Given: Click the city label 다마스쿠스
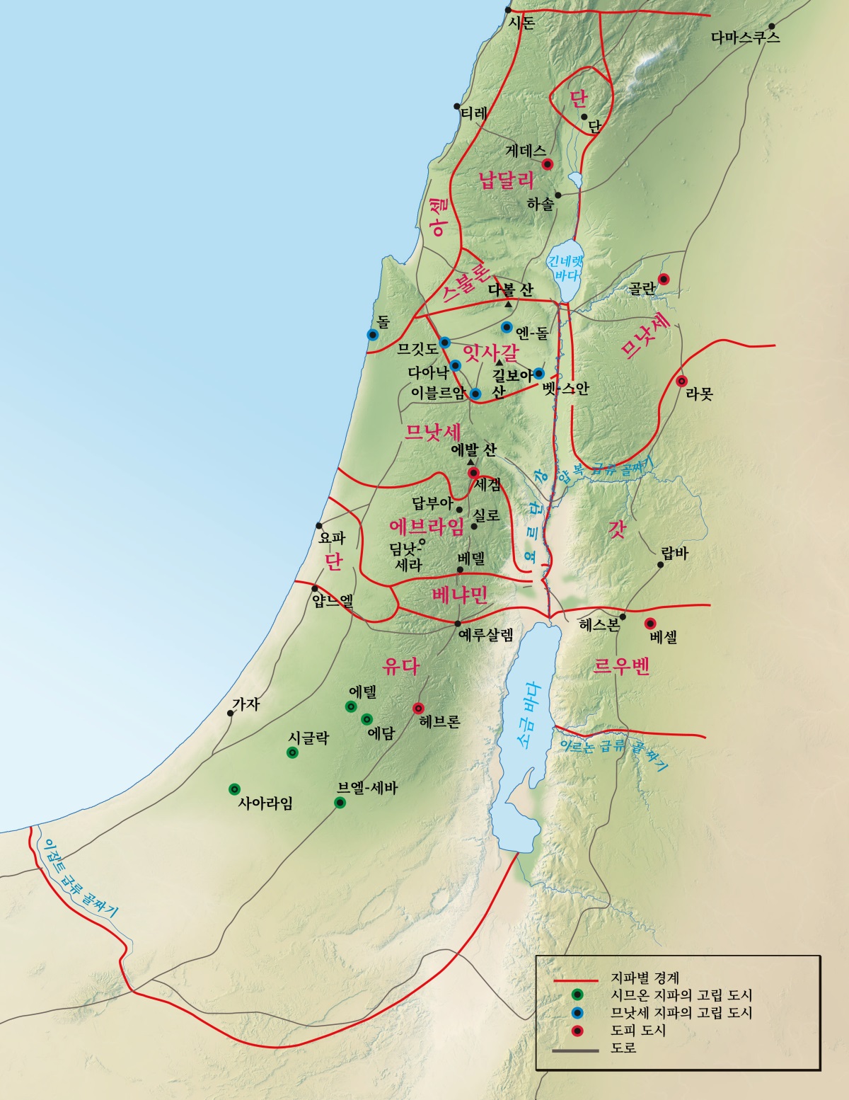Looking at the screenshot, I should coord(746,38).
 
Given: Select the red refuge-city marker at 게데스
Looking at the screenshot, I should coord(547,164).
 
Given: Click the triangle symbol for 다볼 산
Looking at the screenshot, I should coord(508,304).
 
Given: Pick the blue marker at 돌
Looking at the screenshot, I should coord(372,335).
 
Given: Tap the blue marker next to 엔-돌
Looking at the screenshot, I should coord(507,327).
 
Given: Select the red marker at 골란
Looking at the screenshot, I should coord(664,279).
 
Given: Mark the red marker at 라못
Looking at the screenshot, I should coord(682,381).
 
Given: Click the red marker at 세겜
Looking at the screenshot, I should coord(473,473).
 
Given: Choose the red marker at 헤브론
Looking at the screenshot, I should coord(418,707).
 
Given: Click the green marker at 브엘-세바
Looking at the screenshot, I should coord(340,803).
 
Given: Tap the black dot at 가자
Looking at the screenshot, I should coord(230,713).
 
